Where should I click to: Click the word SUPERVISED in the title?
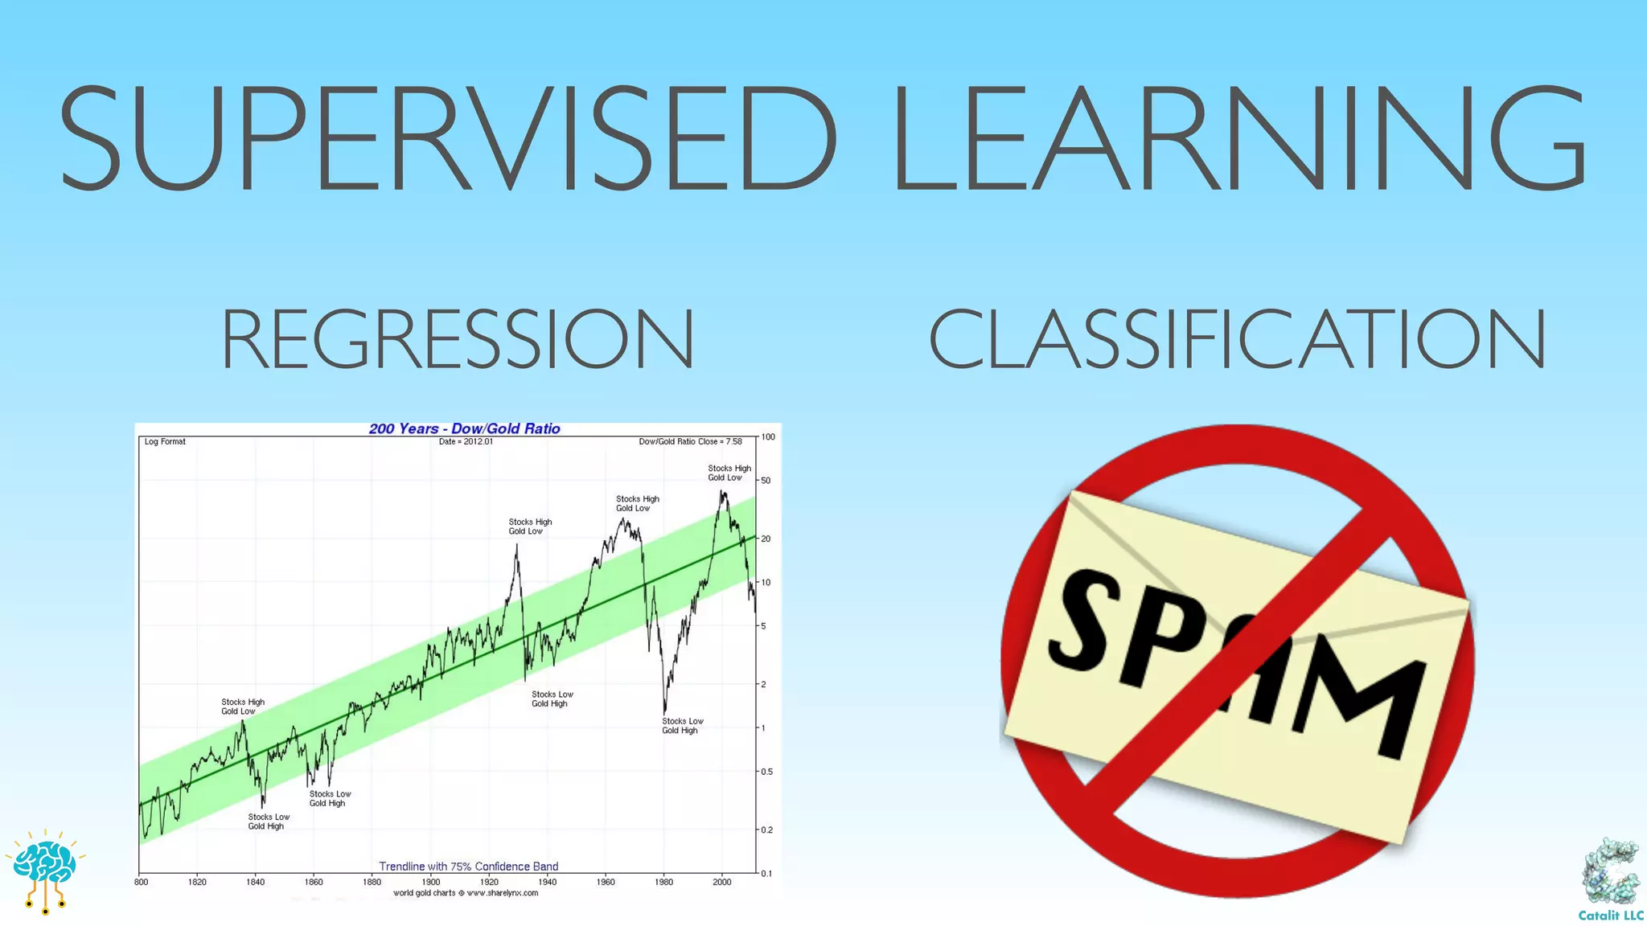tap(447, 138)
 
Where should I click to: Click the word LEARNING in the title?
tap(1238, 138)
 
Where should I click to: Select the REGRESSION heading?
tap(457, 339)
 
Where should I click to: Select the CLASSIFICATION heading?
tap(1237, 339)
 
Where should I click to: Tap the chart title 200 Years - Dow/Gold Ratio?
tap(464, 428)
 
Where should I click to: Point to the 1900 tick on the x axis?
tap(431, 882)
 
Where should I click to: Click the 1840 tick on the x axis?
tap(255, 882)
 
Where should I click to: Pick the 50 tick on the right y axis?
tap(766, 481)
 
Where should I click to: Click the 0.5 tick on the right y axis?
tap(766, 772)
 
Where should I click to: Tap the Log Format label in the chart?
tap(165, 441)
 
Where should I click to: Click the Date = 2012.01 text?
tap(466, 441)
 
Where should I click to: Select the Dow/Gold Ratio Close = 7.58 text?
tap(690, 441)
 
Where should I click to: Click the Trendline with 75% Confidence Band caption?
tap(468, 867)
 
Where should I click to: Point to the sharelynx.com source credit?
tap(466, 893)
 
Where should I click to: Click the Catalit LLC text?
tap(1610, 916)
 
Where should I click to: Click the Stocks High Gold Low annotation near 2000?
tap(729, 473)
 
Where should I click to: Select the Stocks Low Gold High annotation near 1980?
tap(682, 726)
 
